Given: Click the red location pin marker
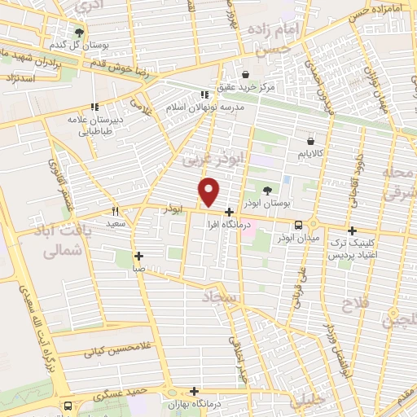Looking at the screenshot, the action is pyautogui.click(x=210, y=191).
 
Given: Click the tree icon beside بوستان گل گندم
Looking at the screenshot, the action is pyautogui.click(x=79, y=33).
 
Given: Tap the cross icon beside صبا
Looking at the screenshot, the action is pyautogui.click(x=139, y=255).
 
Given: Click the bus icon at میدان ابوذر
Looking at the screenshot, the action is pyautogui.click(x=300, y=225).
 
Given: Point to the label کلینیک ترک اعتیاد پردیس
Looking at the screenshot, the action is pyautogui.click(x=354, y=249).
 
